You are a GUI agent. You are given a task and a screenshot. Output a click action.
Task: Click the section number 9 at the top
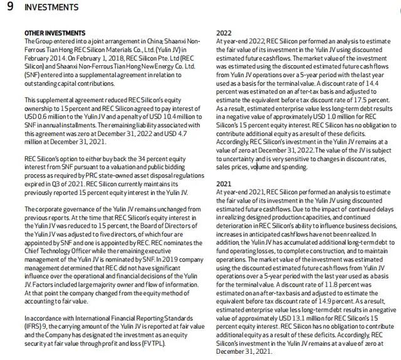point(9,8)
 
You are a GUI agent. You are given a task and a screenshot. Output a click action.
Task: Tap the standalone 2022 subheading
point(224,33)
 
